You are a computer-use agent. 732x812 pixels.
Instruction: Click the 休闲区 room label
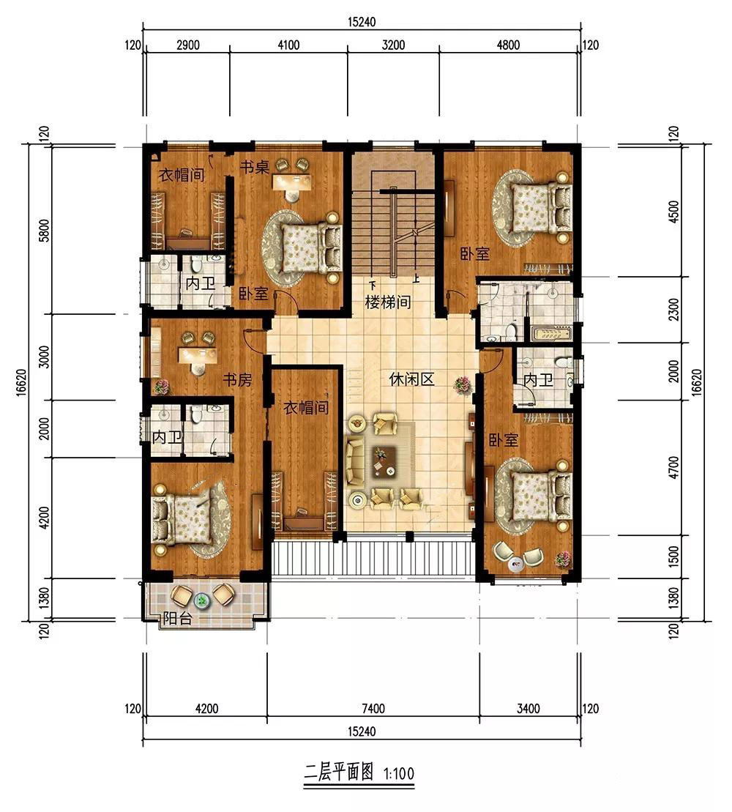pos(411,379)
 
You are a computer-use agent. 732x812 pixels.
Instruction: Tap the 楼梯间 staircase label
pos(388,302)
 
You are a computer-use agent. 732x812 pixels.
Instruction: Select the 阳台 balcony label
pos(178,618)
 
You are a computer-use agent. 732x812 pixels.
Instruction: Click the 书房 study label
pos(237,381)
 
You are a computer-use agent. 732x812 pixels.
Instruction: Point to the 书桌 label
pos(254,167)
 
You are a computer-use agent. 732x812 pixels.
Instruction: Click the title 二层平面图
pos(339,772)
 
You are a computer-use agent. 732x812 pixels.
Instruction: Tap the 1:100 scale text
pos(399,774)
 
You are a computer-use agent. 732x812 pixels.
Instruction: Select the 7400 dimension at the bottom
pos(373,708)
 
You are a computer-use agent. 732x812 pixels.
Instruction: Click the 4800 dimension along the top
pos(508,45)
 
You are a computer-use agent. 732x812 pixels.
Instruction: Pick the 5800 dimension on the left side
pos(45,230)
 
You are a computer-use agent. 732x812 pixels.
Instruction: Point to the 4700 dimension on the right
pos(673,467)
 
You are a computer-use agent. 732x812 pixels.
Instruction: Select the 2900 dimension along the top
pos(188,45)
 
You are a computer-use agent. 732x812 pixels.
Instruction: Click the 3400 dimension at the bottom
pos(529,708)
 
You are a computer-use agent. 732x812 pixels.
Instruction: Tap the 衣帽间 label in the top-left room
pos(182,174)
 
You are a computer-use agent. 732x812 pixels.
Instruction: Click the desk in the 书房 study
pos(197,355)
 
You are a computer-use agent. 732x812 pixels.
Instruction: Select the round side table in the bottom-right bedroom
pos(515,565)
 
